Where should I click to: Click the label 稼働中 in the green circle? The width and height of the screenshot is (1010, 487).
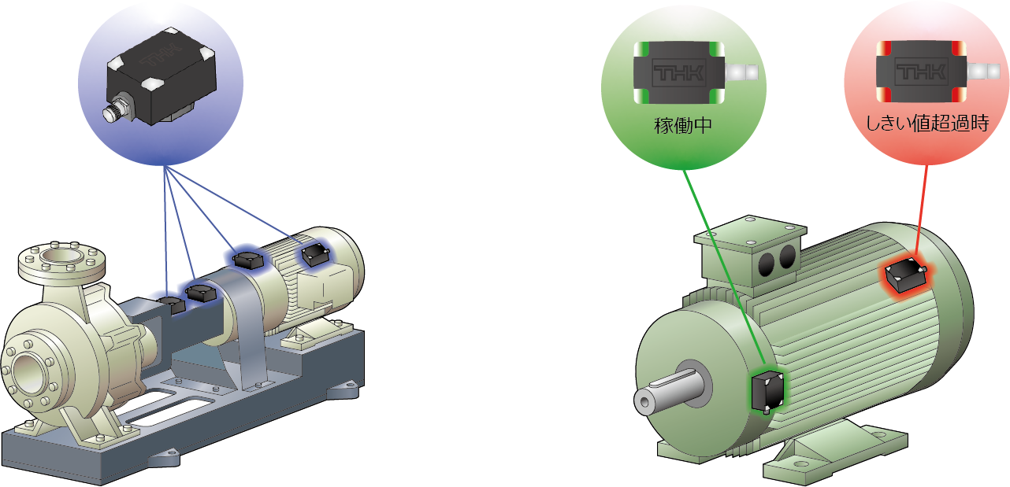[683, 126]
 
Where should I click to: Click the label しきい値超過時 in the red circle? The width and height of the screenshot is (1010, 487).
[927, 123]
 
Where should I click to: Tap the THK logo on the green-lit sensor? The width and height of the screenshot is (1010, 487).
[679, 72]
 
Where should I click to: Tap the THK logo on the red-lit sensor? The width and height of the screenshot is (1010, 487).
[921, 71]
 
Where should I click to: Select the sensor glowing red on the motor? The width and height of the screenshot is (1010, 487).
[905, 275]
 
